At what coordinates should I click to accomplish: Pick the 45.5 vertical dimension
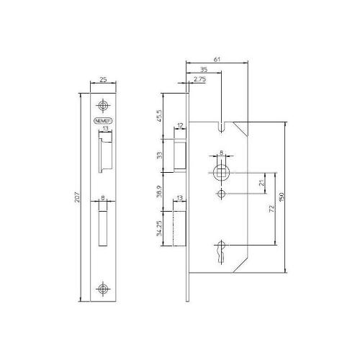(x=158, y=116)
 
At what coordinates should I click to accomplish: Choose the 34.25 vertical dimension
(x=158, y=228)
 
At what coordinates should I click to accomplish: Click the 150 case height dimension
(x=292, y=197)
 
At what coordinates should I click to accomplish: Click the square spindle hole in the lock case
(x=221, y=173)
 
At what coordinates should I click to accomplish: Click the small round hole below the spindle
(x=221, y=195)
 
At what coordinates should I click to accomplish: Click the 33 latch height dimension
(x=158, y=154)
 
